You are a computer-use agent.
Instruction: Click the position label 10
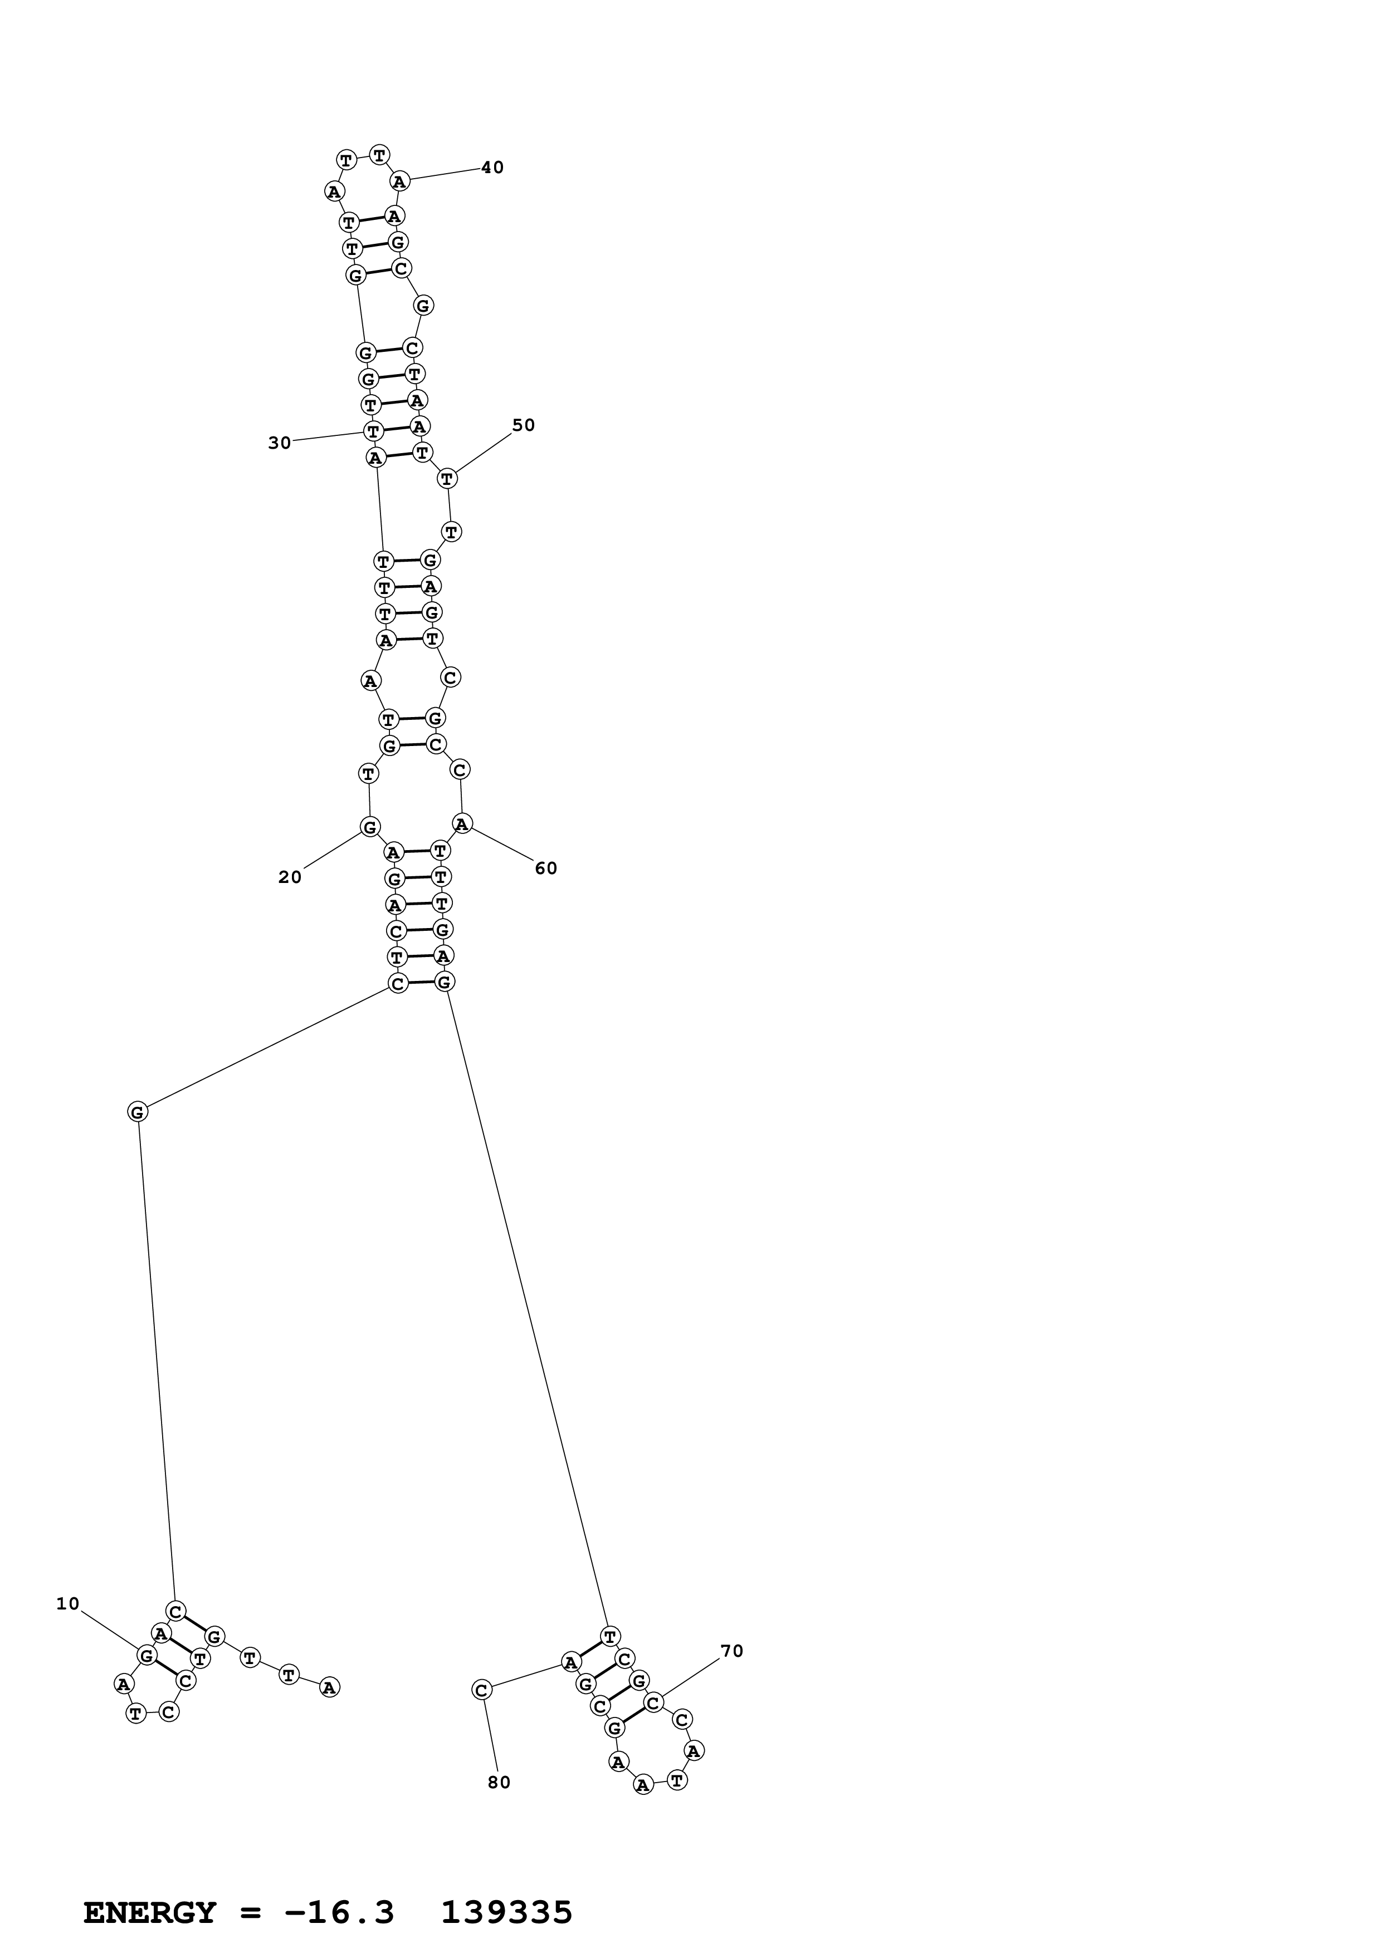[67, 1603]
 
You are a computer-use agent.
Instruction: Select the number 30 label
[279, 442]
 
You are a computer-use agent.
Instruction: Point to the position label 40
[492, 168]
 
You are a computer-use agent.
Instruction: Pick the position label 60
[545, 867]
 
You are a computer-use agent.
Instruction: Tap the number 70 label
[732, 1651]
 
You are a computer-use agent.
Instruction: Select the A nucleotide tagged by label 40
[400, 180]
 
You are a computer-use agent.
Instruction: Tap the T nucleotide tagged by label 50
[447, 479]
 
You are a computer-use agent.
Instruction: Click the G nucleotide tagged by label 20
[369, 827]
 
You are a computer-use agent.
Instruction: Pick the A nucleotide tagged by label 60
[462, 823]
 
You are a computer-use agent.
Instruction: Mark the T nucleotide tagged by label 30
[373, 431]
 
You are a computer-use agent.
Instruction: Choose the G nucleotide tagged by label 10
[147, 1655]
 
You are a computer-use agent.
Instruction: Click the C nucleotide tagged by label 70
[653, 1702]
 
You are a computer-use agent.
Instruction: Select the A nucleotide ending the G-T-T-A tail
[329, 1687]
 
